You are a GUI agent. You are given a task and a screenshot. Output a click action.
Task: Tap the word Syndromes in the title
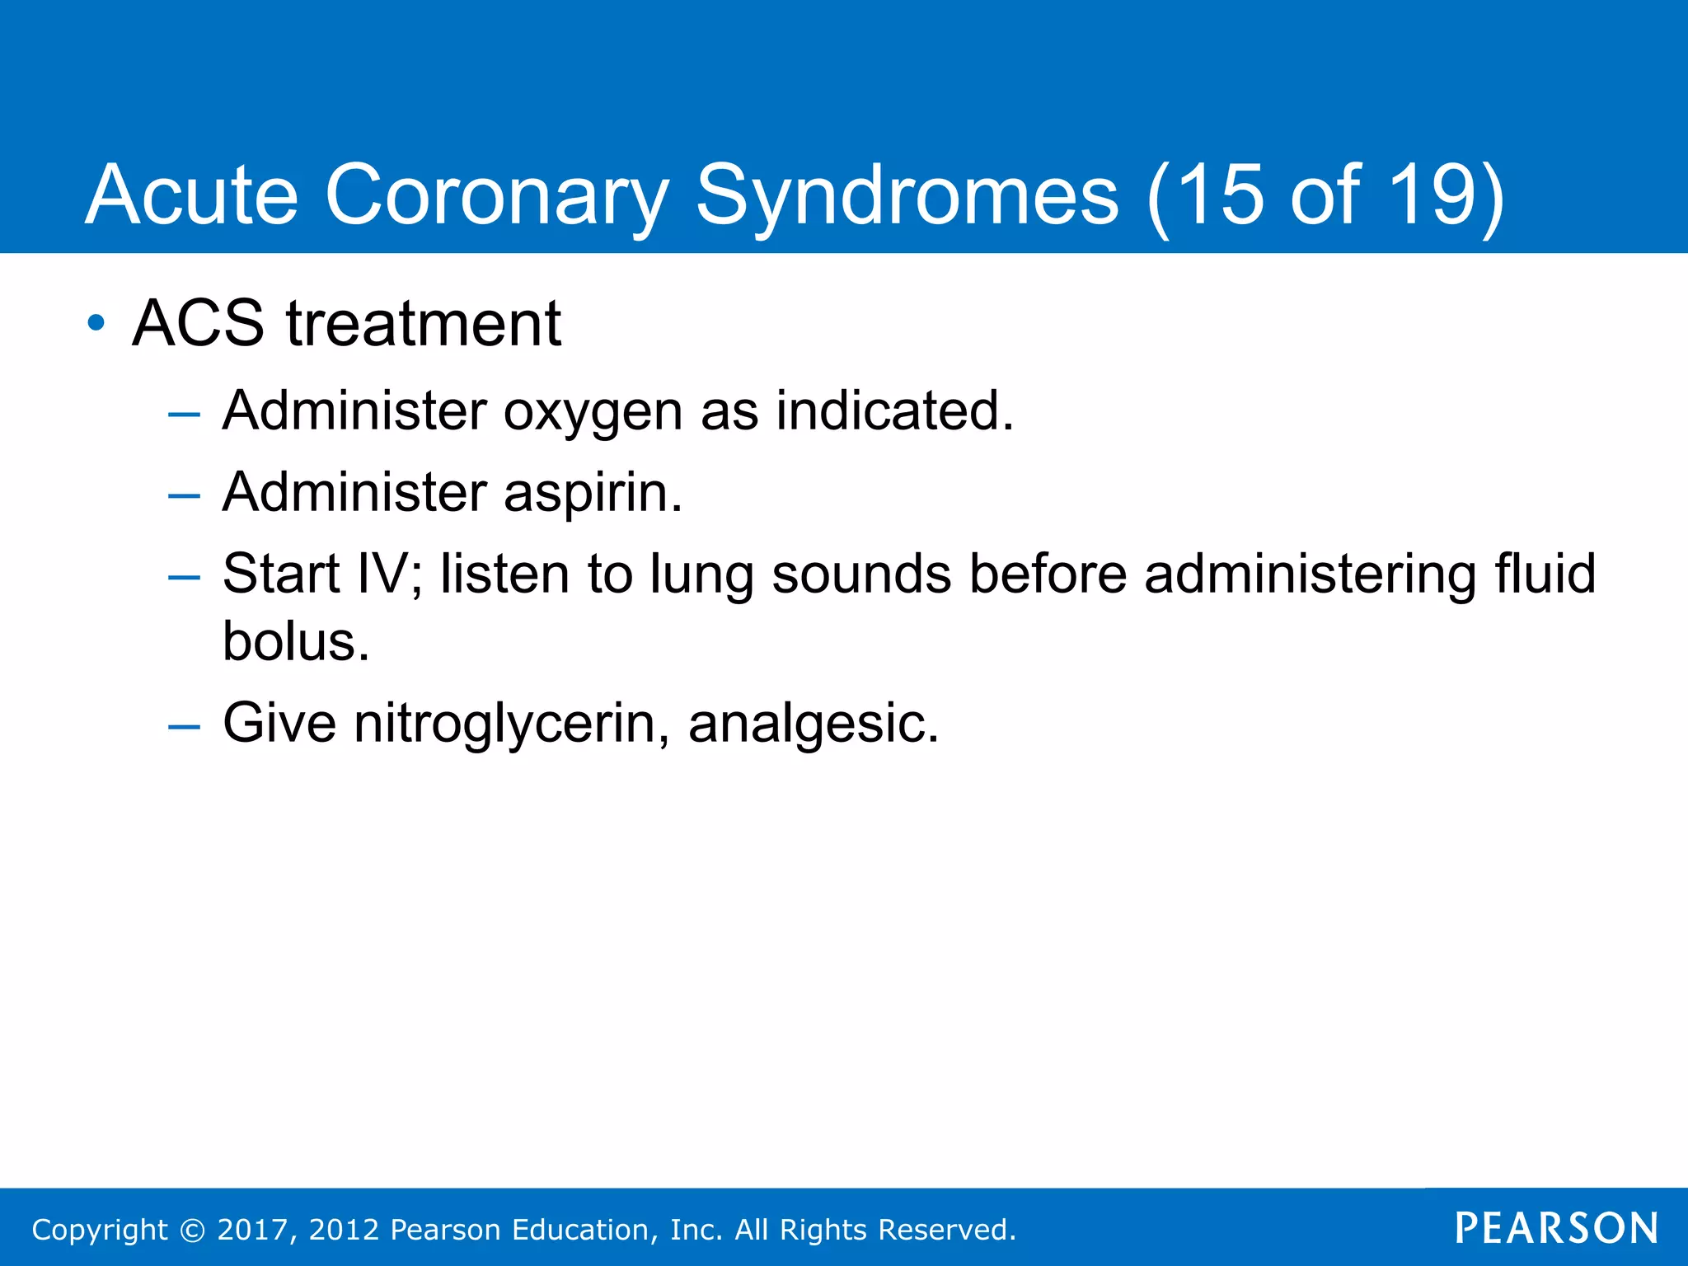(907, 195)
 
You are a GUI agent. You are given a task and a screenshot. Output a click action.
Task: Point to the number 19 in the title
(1432, 195)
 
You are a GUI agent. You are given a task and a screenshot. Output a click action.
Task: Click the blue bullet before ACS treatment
(96, 323)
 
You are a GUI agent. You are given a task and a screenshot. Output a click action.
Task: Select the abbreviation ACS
(198, 323)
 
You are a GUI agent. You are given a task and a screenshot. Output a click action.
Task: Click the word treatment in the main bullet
(424, 323)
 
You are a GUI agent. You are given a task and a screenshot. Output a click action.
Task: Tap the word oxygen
(593, 411)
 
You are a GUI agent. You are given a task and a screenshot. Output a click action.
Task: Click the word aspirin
(593, 493)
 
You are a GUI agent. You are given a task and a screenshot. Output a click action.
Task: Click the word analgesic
(812, 724)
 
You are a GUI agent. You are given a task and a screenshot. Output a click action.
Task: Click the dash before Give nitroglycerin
(183, 726)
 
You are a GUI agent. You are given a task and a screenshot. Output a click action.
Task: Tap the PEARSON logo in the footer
(1556, 1229)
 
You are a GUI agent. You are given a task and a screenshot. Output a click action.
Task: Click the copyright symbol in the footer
(192, 1231)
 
